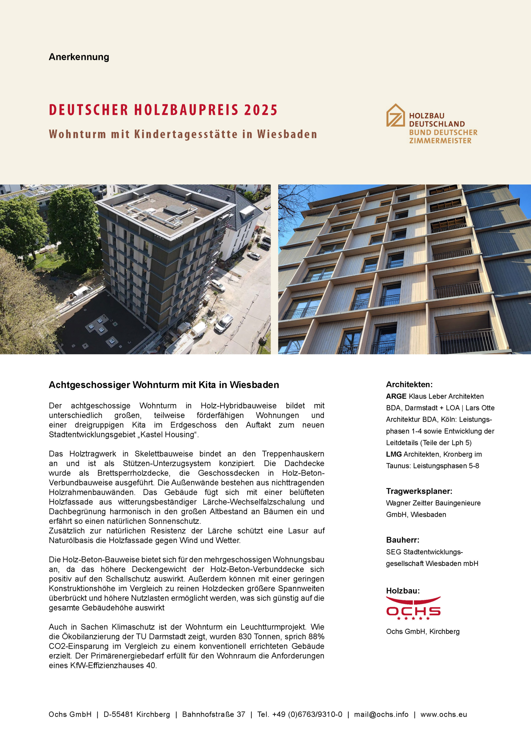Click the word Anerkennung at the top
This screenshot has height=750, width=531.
pyautogui.click(x=79, y=57)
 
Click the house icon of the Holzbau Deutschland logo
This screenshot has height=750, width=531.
pyautogui.click(x=395, y=115)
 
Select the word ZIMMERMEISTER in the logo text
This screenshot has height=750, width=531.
pyautogui.click(x=440, y=141)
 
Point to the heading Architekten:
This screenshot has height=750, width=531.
pyautogui.click(x=409, y=384)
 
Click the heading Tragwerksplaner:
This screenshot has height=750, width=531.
pyautogui.click(x=419, y=491)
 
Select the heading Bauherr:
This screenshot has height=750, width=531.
pyautogui.click(x=403, y=540)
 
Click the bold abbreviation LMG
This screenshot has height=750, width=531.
pyautogui.click(x=394, y=454)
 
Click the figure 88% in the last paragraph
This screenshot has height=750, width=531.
pyautogui.click(x=316, y=637)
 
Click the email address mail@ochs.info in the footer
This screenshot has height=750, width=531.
pyautogui.click(x=381, y=714)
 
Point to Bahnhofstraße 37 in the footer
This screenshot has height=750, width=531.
pyautogui.click(x=213, y=714)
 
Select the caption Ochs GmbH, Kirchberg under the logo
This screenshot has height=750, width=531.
pyautogui.click(x=423, y=632)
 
